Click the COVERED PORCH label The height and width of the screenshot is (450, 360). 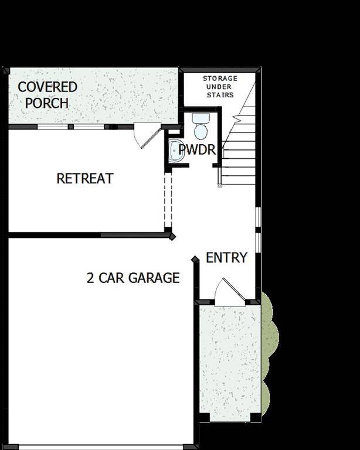coord(47,95)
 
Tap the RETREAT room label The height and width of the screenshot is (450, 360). coord(85,178)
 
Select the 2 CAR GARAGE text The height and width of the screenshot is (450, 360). coord(133,278)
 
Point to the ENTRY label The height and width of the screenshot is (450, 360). coord(226,258)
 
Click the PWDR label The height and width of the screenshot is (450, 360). coord(197,150)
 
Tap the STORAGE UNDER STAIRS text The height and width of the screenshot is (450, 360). coord(220,87)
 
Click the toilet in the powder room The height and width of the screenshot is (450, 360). coord(201,126)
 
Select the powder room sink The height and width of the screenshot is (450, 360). coord(175,151)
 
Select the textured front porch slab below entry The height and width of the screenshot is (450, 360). coord(230,360)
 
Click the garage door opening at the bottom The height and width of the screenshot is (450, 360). coord(101,447)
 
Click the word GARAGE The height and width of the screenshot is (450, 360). coord(154,278)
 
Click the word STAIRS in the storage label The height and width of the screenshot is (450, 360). coord(220,95)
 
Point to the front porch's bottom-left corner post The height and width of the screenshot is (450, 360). coord(204,417)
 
